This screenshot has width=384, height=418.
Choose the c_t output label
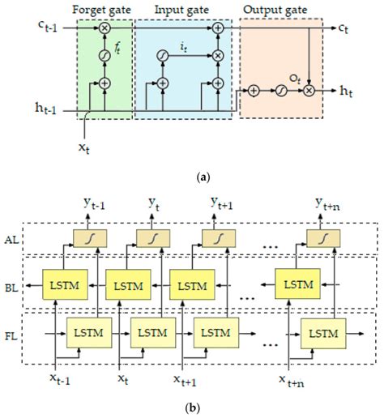coord(346,30)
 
